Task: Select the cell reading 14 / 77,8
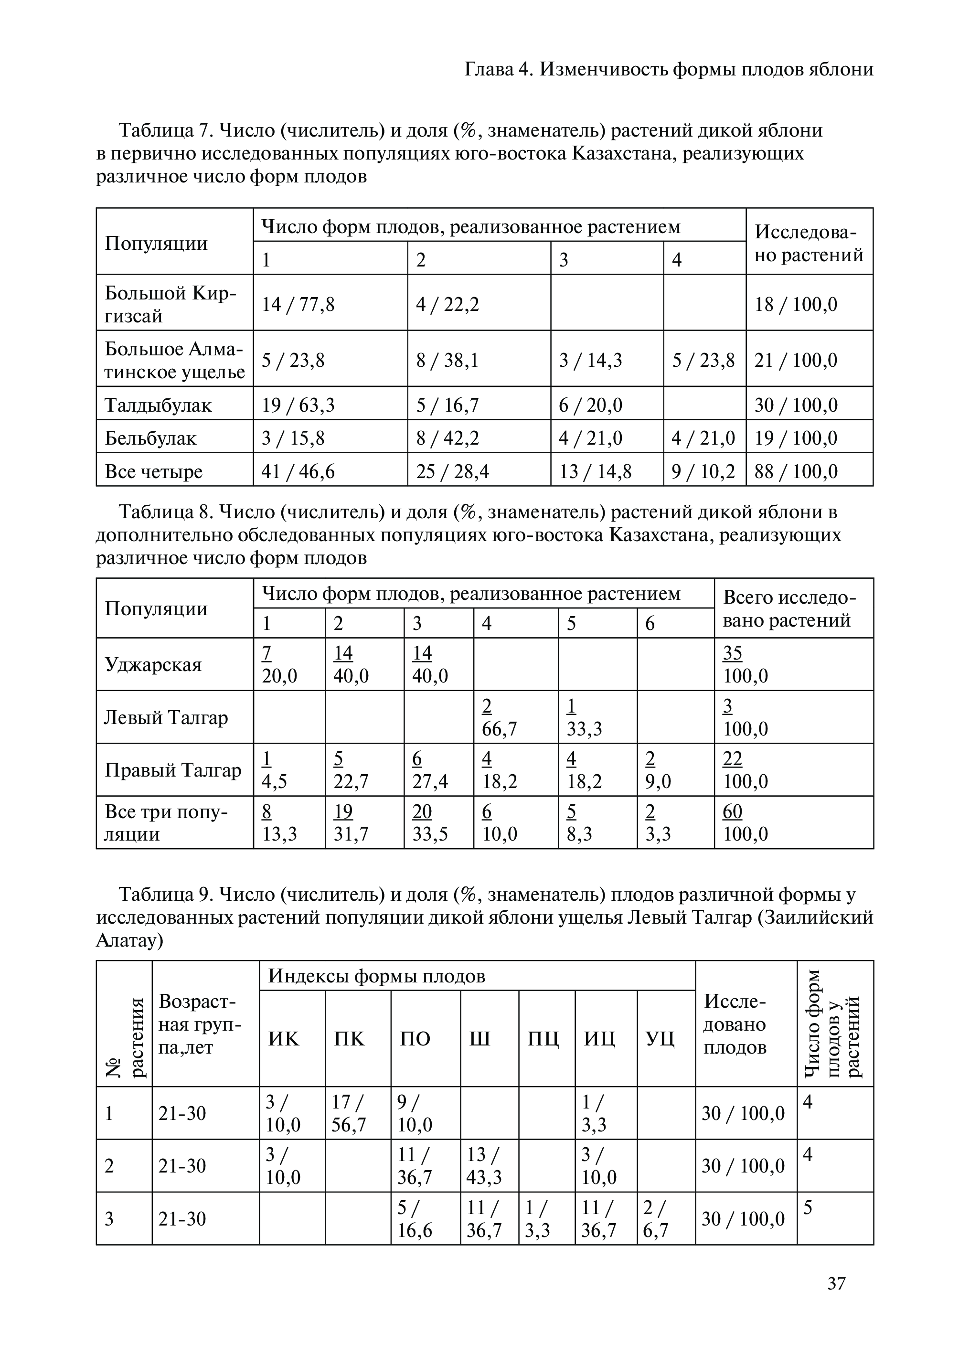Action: tap(298, 304)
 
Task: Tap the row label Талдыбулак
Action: tap(158, 405)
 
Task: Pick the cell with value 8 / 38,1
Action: tap(448, 360)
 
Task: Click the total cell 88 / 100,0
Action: tap(796, 471)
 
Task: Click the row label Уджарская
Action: tap(153, 665)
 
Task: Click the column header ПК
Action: tap(350, 1039)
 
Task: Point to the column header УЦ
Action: tap(660, 1039)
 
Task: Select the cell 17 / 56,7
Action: tap(349, 1113)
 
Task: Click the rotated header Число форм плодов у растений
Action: tap(834, 1023)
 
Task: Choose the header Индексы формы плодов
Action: tap(377, 977)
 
